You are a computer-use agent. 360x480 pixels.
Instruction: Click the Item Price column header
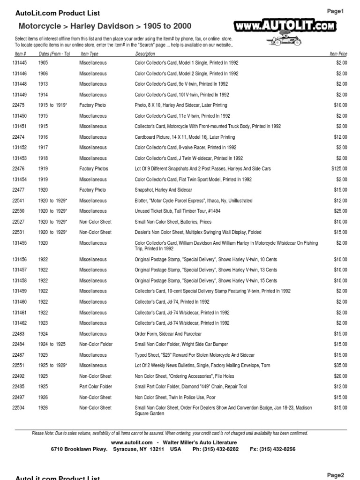[x=338, y=54]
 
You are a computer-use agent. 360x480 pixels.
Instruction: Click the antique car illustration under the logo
[x=281, y=41]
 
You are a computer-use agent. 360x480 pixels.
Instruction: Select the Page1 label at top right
[x=335, y=12]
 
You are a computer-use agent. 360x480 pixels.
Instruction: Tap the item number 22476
[x=18, y=169]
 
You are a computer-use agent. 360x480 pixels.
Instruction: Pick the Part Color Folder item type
[x=96, y=387]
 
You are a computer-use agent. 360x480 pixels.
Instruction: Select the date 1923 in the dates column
[x=43, y=323]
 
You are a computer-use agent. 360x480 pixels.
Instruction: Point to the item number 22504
[x=18, y=408]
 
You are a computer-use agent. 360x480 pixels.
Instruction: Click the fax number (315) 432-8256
[x=273, y=449]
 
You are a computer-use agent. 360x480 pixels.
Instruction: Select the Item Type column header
[x=90, y=54]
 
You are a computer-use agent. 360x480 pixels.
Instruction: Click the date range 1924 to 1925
[x=52, y=345]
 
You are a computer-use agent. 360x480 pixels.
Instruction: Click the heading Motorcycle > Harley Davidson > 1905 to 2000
[x=105, y=26]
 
